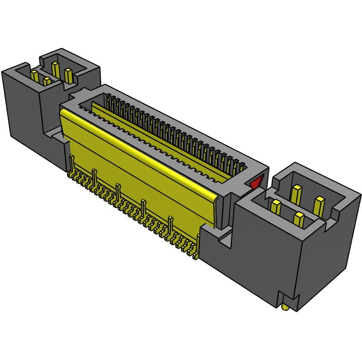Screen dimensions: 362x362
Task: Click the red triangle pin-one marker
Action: tap(256, 183)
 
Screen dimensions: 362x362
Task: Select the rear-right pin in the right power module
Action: tap(318, 205)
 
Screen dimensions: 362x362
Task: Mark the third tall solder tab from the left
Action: tap(118, 192)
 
